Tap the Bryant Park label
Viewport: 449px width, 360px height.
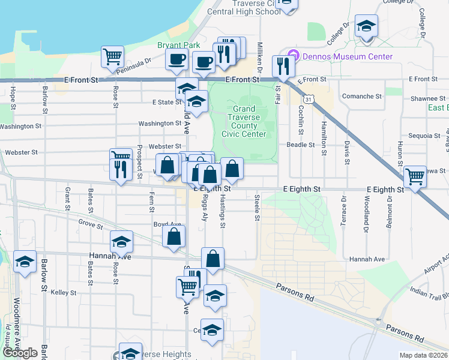[175, 45]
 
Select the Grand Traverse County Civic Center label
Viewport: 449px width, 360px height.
[244, 121]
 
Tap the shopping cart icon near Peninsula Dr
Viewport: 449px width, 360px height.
[112, 58]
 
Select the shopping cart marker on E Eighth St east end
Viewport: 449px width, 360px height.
[415, 177]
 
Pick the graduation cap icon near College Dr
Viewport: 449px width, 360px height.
[366, 26]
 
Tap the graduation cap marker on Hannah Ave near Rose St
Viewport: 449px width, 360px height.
[122, 242]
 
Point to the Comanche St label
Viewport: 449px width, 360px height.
[361, 96]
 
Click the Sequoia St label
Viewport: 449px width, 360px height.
[424, 136]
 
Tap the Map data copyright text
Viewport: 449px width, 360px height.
[424, 355]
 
